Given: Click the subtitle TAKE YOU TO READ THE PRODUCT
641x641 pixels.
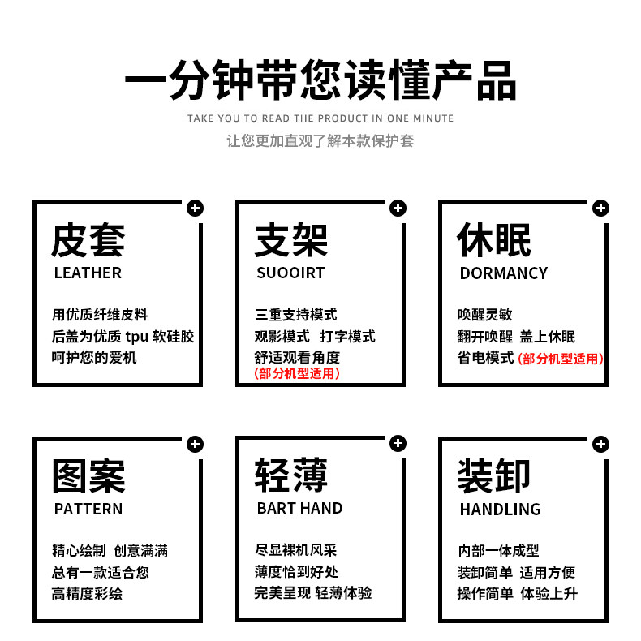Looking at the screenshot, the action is (320, 118).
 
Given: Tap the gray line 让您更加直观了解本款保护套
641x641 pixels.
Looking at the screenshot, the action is (320, 140).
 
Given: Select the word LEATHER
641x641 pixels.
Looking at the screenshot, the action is (88, 273).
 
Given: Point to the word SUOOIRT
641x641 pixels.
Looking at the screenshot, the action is (290, 273).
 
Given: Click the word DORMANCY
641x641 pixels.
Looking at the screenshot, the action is (504, 273).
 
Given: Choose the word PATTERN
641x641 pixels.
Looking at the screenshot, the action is (88, 510).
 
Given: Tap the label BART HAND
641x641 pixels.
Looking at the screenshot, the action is (299, 509).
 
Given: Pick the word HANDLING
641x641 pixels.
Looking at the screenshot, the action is (500, 510).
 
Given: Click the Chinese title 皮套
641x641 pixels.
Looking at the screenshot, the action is (88, 240).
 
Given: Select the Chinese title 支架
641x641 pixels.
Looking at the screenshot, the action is (291, 240).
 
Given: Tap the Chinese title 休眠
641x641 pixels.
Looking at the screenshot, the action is (494, 240).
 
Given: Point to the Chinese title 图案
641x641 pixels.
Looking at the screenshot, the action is (88, 476).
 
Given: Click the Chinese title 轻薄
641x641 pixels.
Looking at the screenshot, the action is (291, 475).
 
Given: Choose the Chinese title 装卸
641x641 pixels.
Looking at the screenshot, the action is (494, 476).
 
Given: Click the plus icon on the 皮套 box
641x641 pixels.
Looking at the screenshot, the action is (195, 209).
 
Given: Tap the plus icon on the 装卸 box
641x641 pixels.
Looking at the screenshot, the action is (600, 444).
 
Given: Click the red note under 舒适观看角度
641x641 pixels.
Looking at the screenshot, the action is (297, 373).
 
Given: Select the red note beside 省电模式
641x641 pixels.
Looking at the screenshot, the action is (561, 359).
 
